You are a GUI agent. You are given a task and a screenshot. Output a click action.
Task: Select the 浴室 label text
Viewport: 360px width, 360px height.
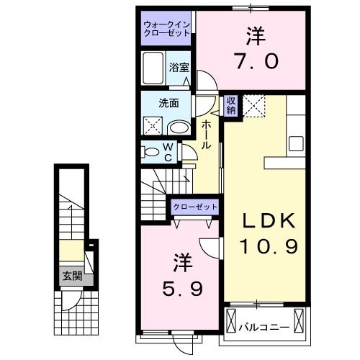[x=179, y=67]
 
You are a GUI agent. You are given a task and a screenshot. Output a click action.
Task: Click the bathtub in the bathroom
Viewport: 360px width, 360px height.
[x=153, y=68]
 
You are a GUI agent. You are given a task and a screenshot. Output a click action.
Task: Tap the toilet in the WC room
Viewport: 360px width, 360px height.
[x=153, y=152]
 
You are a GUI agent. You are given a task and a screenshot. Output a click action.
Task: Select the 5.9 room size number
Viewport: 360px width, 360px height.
[x=183, y=289]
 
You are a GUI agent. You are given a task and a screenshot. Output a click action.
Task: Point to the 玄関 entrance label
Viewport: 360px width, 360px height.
[x=70, y=275]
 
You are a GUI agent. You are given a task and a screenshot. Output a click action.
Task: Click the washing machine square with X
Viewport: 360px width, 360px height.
[x=154, y=125]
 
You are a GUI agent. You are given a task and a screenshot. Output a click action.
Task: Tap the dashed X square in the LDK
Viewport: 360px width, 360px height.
[x=253, y=105]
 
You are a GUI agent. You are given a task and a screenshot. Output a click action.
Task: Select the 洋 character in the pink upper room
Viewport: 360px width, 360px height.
[x=252, y=34]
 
